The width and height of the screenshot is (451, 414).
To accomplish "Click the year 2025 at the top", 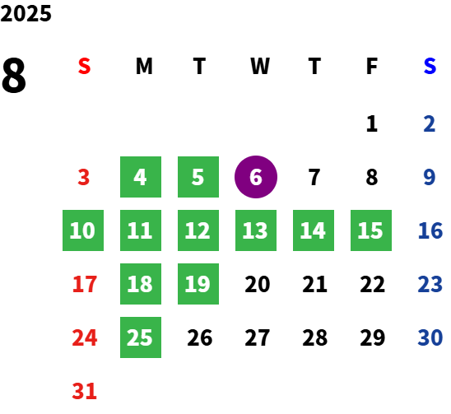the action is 26,13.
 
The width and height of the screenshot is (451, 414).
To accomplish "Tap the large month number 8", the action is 14,76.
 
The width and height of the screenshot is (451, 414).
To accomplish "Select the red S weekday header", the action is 84,66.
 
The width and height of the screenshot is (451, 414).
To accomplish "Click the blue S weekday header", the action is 430,66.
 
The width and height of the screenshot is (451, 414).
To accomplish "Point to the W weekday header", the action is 260,66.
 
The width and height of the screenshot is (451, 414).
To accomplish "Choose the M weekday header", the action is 144,66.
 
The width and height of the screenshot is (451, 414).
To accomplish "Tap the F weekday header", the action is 372,66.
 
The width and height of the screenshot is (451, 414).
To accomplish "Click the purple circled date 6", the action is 256,177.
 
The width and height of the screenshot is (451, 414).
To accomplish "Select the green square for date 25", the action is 141,337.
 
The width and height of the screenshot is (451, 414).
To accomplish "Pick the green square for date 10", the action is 83,230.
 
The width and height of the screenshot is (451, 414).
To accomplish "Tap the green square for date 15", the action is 371,230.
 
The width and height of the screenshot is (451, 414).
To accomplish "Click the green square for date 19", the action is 198,284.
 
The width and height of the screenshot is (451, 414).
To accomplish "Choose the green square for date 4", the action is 141,177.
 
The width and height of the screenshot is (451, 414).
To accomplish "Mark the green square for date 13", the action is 256,230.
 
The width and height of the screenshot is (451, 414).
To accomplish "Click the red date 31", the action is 84,391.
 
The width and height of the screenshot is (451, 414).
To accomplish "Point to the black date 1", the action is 372,123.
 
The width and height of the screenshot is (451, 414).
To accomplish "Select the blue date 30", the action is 430,337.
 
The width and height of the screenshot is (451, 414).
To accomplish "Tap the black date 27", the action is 257,337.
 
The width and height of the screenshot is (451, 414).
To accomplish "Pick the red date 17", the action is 84,284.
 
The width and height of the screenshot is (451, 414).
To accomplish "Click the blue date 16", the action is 430,230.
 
